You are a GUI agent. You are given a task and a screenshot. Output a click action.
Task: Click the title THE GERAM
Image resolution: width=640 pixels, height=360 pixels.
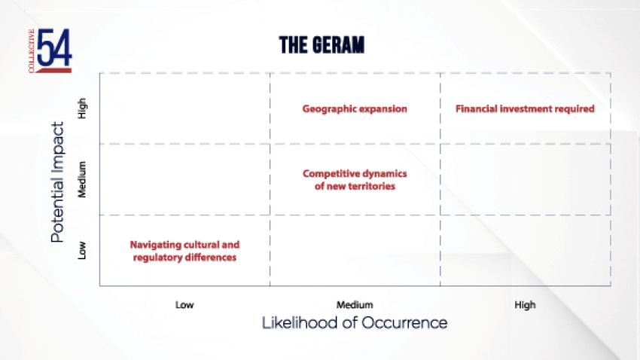(322, 45)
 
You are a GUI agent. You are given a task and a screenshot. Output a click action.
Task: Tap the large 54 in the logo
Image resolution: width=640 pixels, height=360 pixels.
(54, 47)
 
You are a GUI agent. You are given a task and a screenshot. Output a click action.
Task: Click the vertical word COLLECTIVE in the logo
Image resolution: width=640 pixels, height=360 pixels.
(32, 50)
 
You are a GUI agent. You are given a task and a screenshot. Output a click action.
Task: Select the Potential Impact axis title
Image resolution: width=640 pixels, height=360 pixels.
(57, 182)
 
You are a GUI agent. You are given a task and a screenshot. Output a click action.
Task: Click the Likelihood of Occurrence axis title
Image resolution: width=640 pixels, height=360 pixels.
(355, 323)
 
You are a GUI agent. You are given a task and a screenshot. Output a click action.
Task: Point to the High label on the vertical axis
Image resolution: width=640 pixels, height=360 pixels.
(82, 108)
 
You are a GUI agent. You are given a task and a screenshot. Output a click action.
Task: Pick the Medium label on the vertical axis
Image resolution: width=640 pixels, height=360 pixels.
(82, 179)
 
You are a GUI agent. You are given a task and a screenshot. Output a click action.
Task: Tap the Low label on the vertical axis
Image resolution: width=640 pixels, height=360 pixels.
(82, 250)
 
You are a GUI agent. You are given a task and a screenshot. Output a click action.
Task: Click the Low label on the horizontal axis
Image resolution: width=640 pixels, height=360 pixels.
(184, 305)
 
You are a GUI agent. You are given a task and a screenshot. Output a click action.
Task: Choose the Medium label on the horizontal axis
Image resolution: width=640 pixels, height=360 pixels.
(355, 305)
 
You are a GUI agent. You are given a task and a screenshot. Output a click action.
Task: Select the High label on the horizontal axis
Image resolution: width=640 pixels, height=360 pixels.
(525, 305)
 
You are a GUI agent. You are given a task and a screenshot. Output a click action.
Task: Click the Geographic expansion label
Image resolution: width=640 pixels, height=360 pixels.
(355, 109)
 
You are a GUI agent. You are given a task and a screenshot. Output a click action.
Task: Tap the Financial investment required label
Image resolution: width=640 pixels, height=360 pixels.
(525, 109)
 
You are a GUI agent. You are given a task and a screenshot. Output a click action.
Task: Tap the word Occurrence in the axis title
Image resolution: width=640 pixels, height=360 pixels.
(404, 323)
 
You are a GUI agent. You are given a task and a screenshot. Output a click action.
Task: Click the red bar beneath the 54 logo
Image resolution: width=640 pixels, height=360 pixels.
(54, 70)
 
